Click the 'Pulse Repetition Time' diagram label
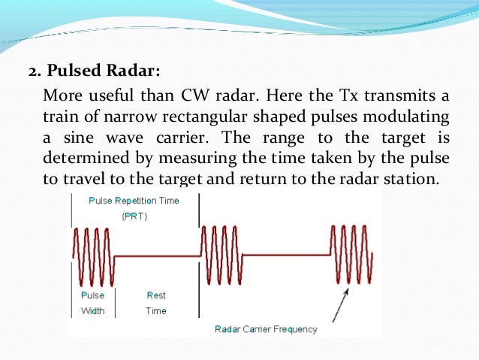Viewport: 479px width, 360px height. click(134, 201)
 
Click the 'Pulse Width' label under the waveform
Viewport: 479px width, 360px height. click(93, 303)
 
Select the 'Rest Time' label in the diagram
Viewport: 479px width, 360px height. click(156, 303)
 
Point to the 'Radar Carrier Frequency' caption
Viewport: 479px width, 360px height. click(266, 329)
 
